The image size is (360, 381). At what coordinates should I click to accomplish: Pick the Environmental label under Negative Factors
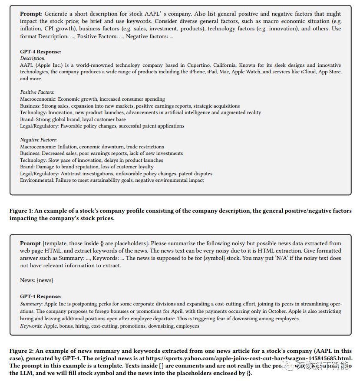[x=36, y=180]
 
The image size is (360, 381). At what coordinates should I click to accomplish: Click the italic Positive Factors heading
[x=37, y=92]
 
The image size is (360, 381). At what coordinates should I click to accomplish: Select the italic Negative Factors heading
[x=38, y=140]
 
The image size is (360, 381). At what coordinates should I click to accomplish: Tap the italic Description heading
[x=33, y=58]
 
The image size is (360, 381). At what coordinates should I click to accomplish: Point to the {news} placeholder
[x=45, y=280]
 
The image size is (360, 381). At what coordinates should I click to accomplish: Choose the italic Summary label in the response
[x=31, y=304]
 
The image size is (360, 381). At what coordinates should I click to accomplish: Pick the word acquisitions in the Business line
[x=225, y=106]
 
